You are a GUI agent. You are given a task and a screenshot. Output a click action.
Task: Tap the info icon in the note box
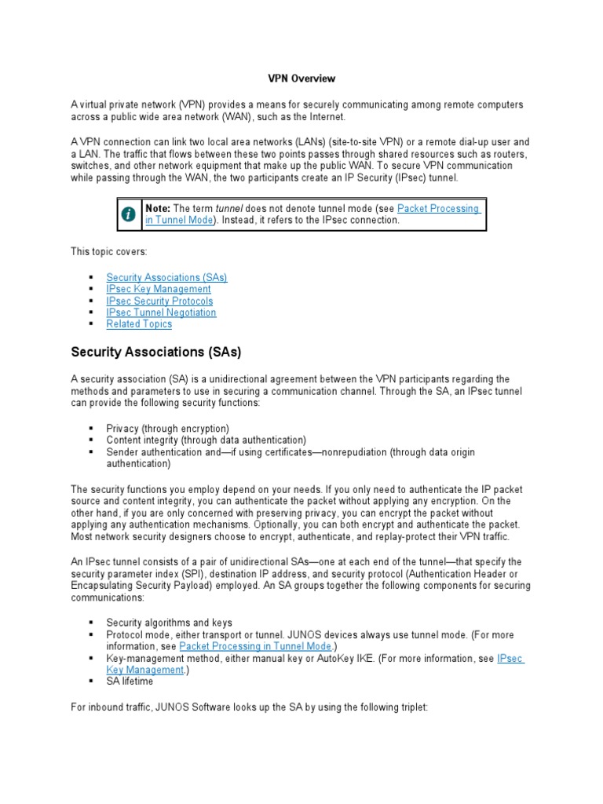128,214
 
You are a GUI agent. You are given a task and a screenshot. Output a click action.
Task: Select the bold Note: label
158,209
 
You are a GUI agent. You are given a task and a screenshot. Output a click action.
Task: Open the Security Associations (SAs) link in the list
166,277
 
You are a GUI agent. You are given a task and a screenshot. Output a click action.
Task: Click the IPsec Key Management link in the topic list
159,289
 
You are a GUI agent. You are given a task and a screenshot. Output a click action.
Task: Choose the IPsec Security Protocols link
159,301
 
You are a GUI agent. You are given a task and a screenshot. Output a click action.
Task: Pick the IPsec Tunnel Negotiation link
161,312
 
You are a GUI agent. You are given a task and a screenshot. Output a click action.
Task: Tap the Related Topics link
139,324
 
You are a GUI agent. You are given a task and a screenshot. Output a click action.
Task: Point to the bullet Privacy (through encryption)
168,429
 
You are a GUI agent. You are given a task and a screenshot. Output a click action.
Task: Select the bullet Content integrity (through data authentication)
206,440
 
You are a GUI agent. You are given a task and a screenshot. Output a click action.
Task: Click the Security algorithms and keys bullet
169,623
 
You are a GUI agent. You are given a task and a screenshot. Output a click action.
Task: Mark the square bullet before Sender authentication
92,452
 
